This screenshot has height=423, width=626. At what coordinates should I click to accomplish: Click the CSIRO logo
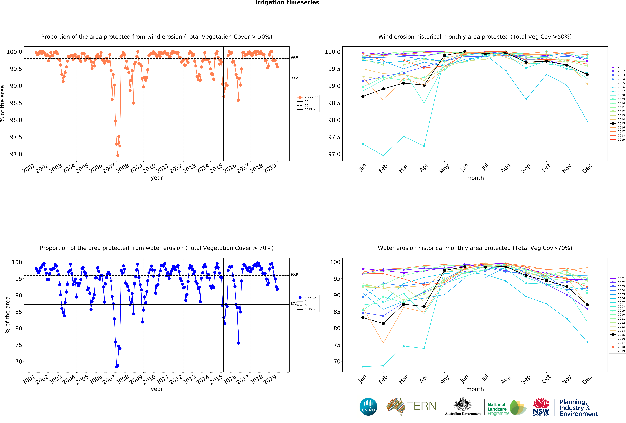point(368,407)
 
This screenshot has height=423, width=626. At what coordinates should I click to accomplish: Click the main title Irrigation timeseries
point(287,3)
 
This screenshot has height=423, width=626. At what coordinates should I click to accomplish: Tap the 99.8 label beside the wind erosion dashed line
point(294,57)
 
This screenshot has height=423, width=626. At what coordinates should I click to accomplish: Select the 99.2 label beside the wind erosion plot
point(294,78)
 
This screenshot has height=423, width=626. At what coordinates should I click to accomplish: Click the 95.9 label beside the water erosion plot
point(294,275)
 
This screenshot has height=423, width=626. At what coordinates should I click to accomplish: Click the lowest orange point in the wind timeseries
point(118,155)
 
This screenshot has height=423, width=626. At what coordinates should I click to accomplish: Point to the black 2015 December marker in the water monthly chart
point(587,305)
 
